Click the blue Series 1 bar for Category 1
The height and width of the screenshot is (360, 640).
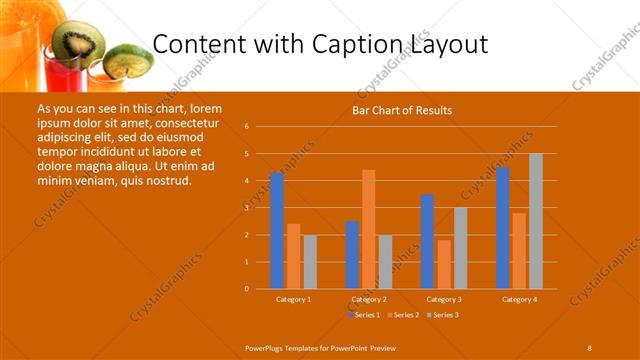click(277, 231)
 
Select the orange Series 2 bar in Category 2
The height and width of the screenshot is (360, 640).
click(368, 229)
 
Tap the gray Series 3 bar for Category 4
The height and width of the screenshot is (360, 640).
click(535, 221)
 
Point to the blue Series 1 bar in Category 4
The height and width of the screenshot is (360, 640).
click(502, 228)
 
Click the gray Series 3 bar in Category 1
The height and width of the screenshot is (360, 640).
click(310, 262)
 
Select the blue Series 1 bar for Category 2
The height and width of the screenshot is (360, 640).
click(352, 255)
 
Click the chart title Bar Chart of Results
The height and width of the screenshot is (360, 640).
click(402, 110)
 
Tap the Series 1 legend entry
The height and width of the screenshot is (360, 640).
click(363, 315)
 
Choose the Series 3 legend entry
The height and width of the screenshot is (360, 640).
click(442, 315)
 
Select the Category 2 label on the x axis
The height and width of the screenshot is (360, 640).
click(368, 299)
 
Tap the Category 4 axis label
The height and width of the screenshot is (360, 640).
click(518, 299)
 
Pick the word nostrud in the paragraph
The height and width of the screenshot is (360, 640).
click(162, 180)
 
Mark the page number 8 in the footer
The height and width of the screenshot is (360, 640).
click(589, 347)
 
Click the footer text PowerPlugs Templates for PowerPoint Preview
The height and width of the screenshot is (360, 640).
click(320, 347)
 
